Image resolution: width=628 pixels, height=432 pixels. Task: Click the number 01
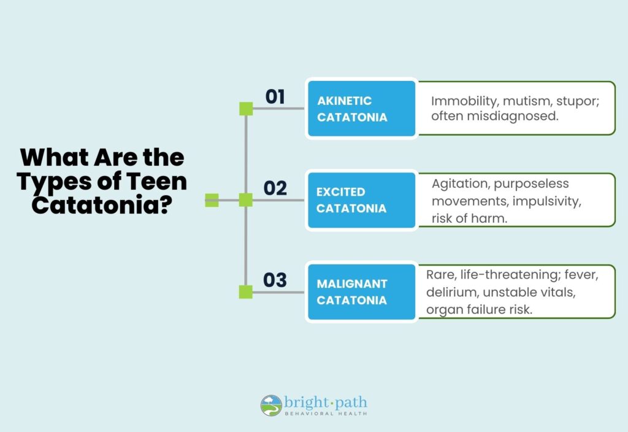275,96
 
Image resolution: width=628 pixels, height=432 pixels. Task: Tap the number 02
275,188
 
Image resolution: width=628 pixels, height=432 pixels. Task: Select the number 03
275,280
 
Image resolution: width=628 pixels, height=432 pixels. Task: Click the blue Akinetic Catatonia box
362,109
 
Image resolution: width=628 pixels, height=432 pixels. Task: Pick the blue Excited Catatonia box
362,200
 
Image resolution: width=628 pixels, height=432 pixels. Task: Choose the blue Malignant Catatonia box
362,291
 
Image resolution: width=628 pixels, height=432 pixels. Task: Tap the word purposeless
531,184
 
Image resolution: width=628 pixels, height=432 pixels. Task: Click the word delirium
452,292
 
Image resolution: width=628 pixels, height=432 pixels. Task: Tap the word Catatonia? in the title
102,205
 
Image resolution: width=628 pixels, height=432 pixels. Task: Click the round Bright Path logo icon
271,405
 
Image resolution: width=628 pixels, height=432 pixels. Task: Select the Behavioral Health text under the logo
326,414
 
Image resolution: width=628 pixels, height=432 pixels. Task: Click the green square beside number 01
246,109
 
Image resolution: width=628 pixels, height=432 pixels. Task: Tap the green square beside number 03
246,291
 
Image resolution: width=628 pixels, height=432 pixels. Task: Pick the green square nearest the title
212,200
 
